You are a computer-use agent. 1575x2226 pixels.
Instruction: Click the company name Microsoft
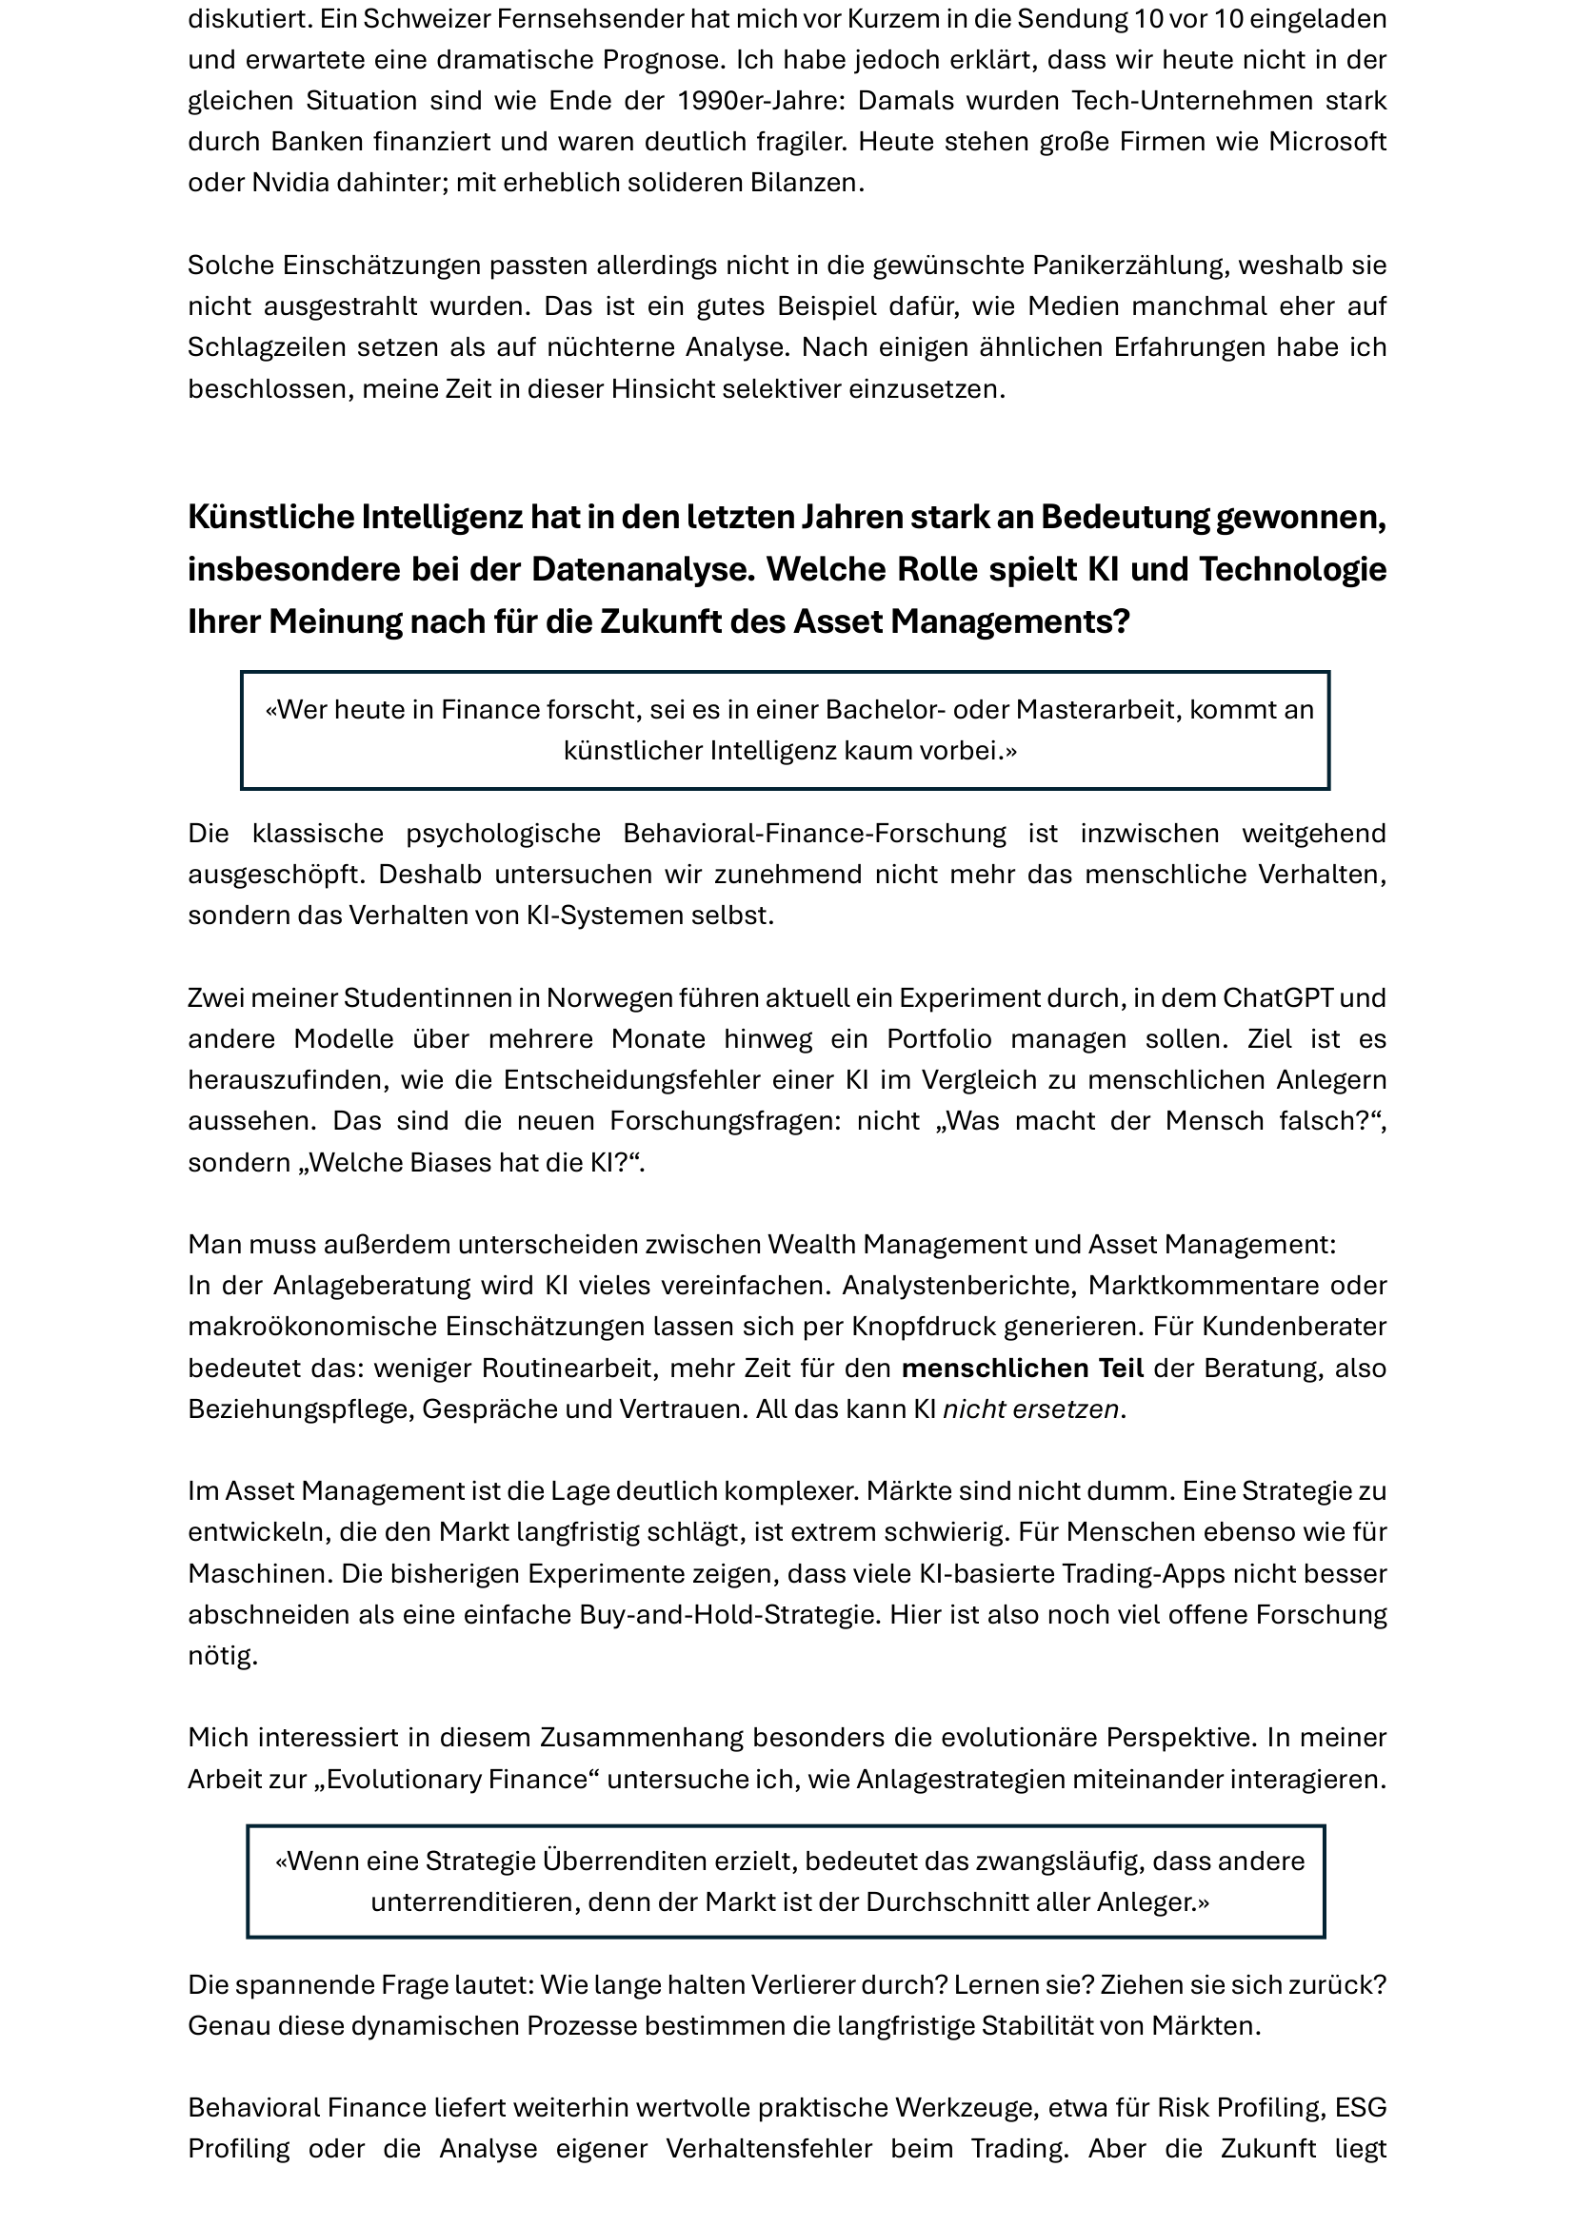(1327, 142)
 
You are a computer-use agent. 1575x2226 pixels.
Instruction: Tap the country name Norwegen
(608, 997)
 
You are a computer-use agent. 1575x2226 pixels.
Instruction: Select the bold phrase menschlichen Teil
(1022, 1368)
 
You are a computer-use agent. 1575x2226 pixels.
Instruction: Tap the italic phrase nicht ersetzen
(1032, 1408)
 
